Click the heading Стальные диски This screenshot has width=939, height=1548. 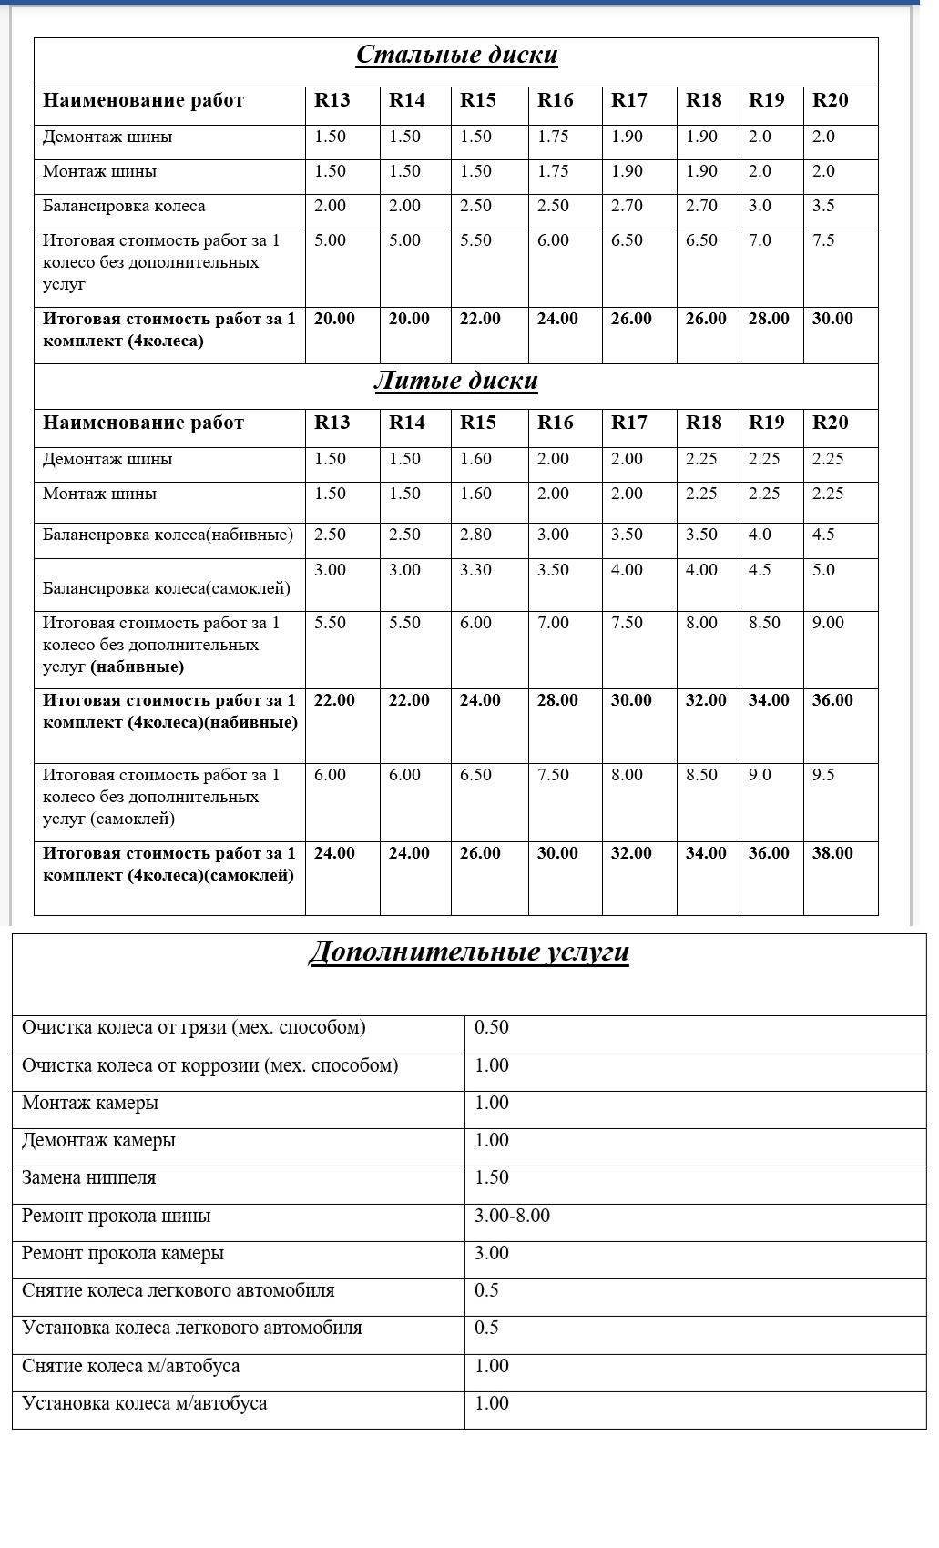pyautogui.click(x=456, y=56)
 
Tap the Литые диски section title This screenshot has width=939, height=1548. pyautogui.click(x=455, y=381)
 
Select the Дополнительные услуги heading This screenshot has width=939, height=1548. pyautogui.click(x=469, y=952)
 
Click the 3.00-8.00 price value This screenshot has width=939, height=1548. pyautogui.click(x=512, y=1216)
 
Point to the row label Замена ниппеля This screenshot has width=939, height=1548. pyautogui.click(x=89, y=1178)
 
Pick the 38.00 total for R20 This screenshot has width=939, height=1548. pyautogui.click(x=832, y=853)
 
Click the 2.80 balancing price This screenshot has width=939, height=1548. pyautogui.click(x=475, y=535)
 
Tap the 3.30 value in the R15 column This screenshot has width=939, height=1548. pyautogui.click(x=475, y=570)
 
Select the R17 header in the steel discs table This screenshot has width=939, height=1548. pyautogui.click(x=629, y=100)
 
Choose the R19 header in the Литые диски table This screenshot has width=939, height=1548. pyautogui.click(x=766, y=423)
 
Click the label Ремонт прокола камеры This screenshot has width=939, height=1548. pyautogui.click(x=123, y=1254)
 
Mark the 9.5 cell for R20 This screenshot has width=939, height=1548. pyautogui.click(x=823, y=775)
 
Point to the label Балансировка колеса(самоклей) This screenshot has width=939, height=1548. pyautogui.click(x=167, y=588)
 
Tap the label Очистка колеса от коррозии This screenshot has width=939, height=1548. pyautogui.click(x=209, y=1065)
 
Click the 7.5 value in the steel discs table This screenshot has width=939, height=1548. pyautogui.click(x=823, y=240)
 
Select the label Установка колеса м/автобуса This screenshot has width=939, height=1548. pyautogui.click(x=145, y=1403)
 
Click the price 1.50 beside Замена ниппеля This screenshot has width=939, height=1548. pyautogui.click(x=492, y=1178)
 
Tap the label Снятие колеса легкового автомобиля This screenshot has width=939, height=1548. pyautogui.click(x=179, y=1291)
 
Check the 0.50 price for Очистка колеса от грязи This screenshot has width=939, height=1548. pyautogui.click(x=492, y=1028)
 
